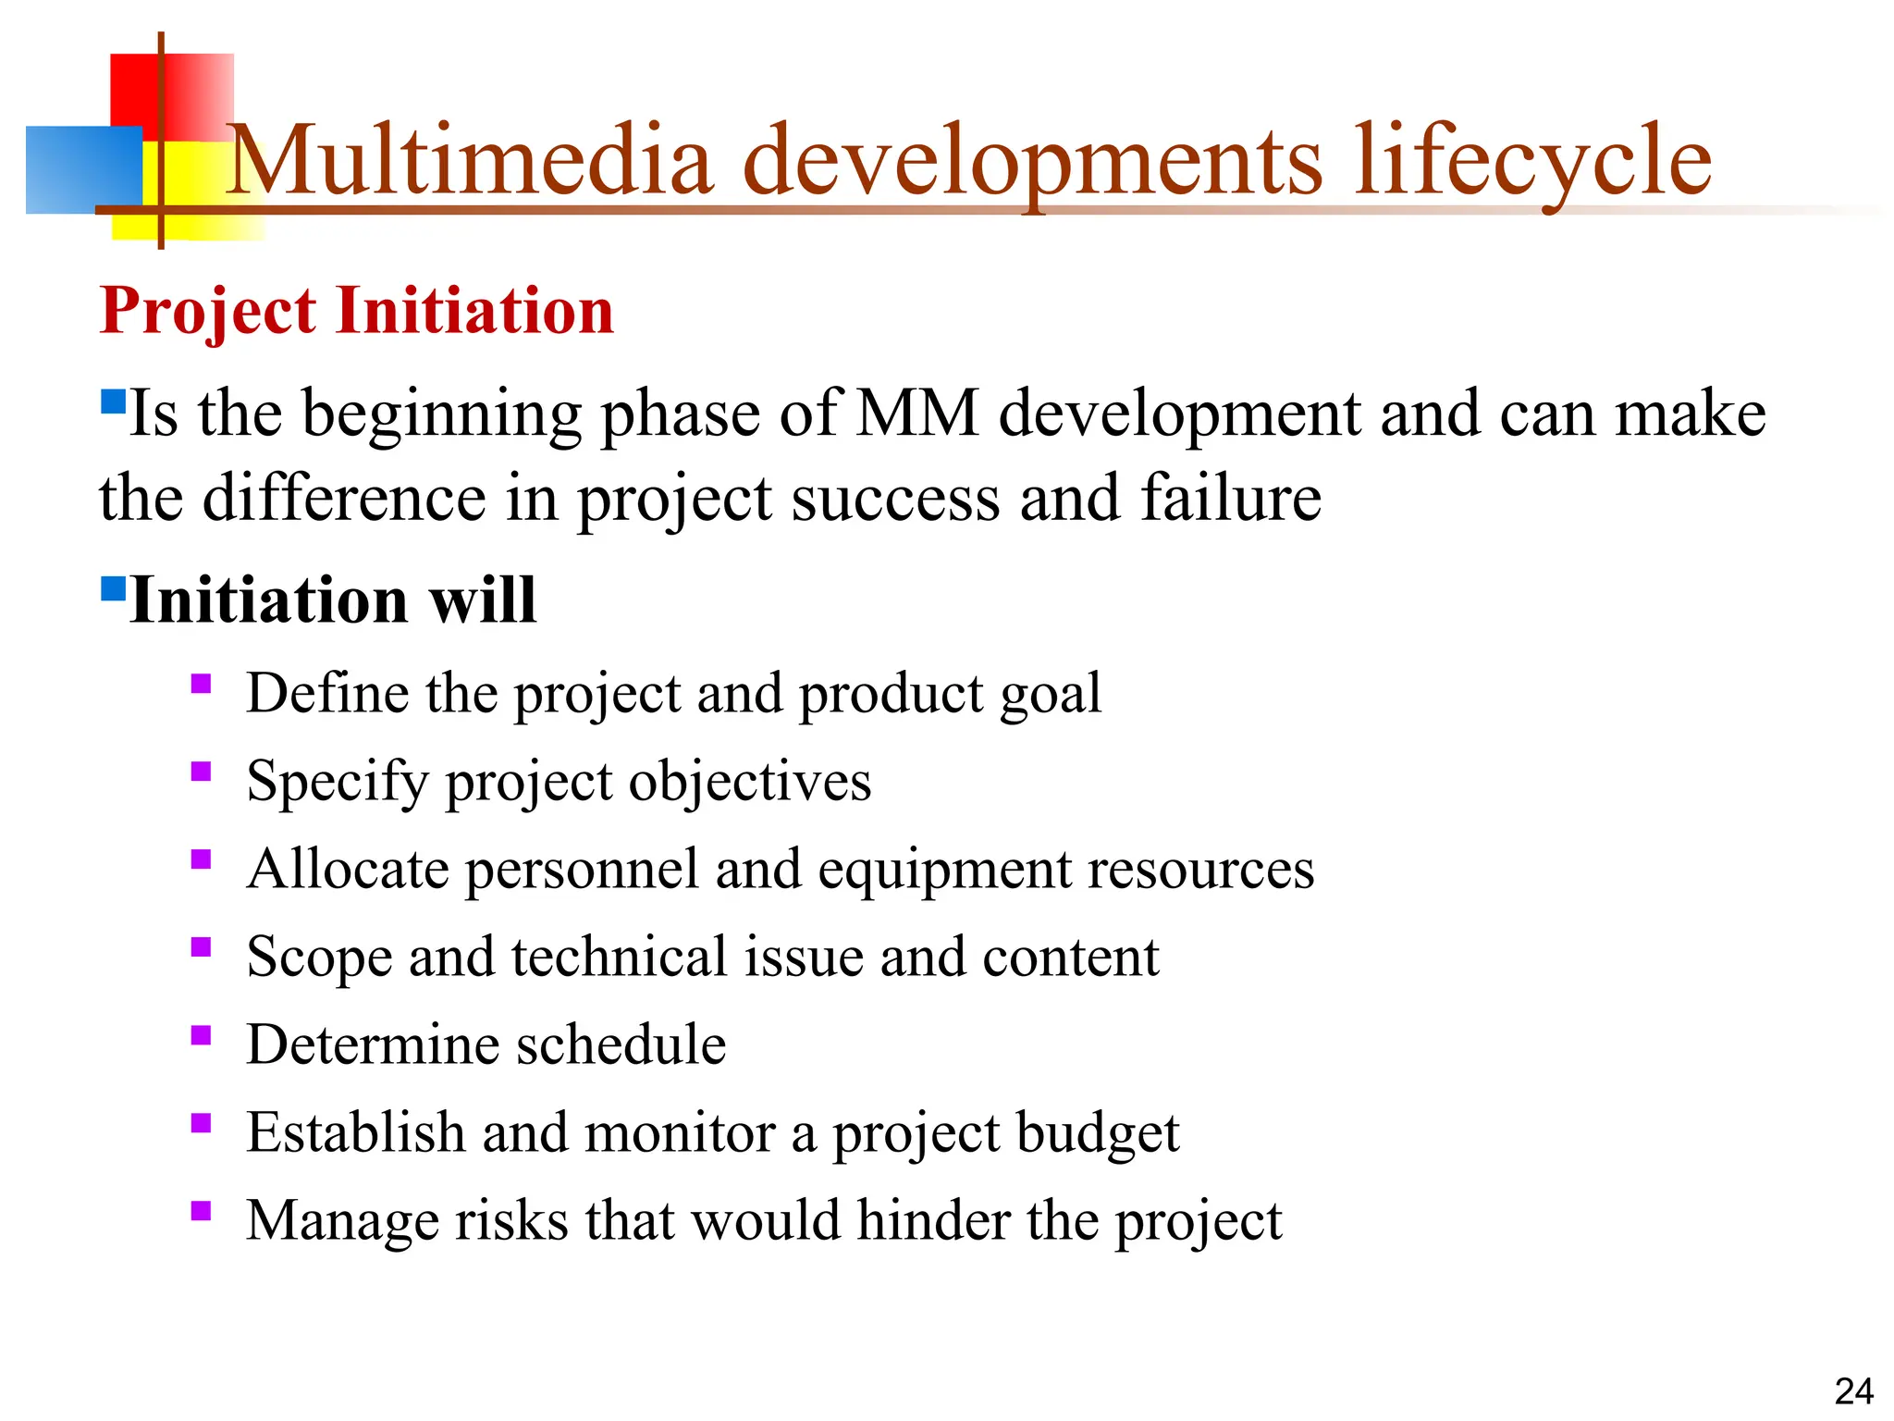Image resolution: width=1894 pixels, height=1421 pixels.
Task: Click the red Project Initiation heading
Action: tap(356, 311)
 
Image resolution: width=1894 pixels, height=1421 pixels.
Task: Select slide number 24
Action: tap(1853, 1391)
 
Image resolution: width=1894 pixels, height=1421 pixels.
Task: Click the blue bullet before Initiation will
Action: tap(112, 588)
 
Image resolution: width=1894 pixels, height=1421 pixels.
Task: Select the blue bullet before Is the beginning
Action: tap(112, 401)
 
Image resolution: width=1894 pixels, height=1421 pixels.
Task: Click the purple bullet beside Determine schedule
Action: tap(201, 1034)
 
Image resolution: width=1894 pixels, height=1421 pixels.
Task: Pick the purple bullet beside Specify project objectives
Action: tap(201, 771)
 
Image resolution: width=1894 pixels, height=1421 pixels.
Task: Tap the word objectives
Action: tap(750, 782)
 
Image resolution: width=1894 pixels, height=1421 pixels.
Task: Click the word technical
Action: tap(619, 957)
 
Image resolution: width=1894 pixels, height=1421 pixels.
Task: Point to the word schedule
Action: tap(621, 1044)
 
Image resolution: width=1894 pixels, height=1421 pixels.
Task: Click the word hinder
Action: tap(933, 1220)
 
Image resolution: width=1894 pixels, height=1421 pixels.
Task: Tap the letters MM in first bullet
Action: tap(916, 413)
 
